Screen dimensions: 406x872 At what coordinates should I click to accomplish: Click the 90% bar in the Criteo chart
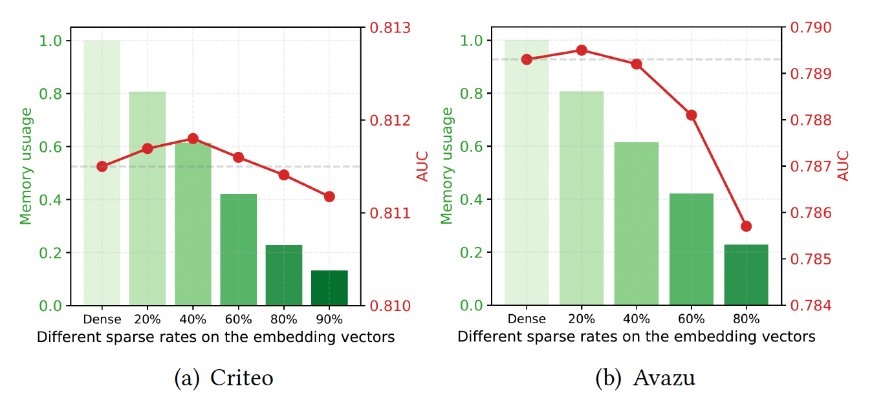[x=329, y=288]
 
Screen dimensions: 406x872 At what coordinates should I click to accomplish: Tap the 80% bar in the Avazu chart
[x=746, y=275]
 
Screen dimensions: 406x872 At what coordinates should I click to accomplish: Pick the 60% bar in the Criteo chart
[x=238, y=250]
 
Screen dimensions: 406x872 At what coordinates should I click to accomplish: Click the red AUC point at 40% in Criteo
[x=193, y=138]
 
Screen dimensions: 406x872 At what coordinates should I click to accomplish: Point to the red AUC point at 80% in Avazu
[x=746, y=226]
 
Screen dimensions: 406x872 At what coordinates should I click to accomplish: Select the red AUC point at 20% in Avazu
[x=582, y=50]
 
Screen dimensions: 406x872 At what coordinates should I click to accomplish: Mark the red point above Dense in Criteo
[x=102, y=166]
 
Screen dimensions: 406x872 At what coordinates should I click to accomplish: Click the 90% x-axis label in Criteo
[x=329, y=319]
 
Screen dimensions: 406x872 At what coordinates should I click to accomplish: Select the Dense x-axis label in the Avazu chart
[x=527, y=319]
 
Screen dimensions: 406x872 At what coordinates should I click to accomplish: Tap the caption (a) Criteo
[x=224, y=378]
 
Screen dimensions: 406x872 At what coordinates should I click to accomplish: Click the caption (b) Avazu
[x=645, y=378]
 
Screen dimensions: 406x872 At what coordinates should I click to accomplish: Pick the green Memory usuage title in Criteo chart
[x=26, y=166]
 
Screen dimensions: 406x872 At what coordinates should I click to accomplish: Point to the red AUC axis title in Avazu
[x=844, y=166]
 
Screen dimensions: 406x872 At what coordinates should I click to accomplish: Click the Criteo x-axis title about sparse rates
[x=215, y=337]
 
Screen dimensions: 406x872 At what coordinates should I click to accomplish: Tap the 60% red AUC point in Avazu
[x=692, y=115]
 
